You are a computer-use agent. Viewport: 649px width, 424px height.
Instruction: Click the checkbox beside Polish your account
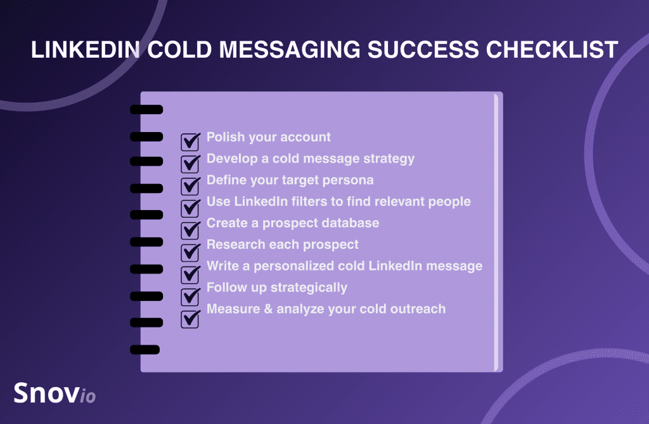tap(190, 142)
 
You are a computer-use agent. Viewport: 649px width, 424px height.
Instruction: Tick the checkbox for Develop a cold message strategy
tap(190, 164)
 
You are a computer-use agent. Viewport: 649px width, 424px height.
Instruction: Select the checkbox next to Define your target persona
tap(190, 186)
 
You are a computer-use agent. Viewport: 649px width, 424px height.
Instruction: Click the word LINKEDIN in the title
tap(86, 50)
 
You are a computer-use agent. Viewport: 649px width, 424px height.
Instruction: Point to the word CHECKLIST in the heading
tap(552, 50)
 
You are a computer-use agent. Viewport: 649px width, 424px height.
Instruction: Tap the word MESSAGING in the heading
tap(290, 50)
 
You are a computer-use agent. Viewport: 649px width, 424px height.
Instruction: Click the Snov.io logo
tap(55, 393)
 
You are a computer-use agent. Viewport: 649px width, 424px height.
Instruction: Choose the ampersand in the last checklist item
tap(268, 308)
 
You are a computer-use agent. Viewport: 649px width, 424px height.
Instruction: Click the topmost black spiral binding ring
tap(146, 109)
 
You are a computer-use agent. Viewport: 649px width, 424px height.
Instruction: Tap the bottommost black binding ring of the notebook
tap(145, 349)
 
